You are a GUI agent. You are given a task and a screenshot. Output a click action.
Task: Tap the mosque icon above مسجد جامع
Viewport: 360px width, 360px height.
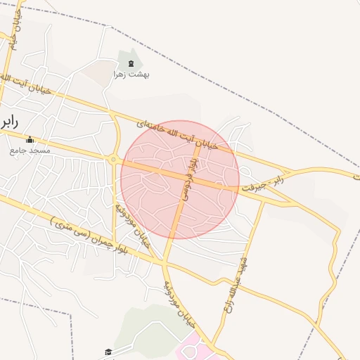pos(30,139)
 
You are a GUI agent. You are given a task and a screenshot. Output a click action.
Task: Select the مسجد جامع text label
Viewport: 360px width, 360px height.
pos(30,150)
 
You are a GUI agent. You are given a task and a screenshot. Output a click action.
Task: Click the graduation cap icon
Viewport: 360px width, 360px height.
pos(108,352)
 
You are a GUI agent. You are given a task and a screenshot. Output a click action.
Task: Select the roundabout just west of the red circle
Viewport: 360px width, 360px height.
pos(114,160)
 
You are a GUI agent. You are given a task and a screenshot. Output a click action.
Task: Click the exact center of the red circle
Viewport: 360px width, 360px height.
pos(180,180)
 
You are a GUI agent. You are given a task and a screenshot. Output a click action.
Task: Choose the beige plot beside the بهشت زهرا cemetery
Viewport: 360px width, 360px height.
pos(95,70)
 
